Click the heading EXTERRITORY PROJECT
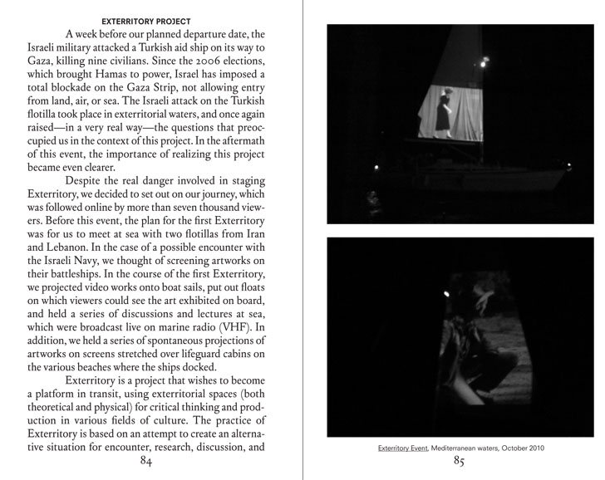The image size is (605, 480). (145, 21)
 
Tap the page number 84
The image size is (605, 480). (146, 462)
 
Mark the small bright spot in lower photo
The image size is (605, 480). (447, 292)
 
